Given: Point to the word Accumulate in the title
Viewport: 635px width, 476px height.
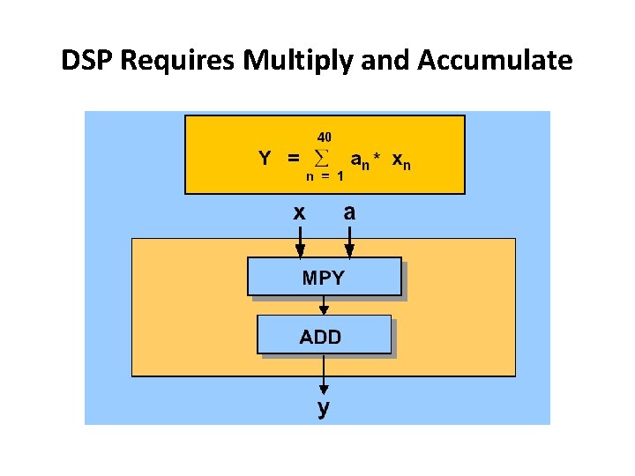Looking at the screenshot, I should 495,61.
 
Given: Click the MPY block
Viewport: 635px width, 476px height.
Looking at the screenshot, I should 324,277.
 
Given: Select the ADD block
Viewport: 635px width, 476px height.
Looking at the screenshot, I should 324,335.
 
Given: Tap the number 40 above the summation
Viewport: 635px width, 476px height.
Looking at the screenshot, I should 324,138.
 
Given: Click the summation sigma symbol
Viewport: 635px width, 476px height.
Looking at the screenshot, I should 321,159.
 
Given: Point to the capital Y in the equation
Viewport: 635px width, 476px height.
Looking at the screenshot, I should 265,159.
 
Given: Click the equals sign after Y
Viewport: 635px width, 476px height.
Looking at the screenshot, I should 293,159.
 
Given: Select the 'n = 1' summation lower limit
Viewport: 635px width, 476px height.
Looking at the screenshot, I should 325,176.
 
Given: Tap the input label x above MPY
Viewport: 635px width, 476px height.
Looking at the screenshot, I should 300,212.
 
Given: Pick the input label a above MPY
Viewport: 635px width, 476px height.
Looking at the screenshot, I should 349,212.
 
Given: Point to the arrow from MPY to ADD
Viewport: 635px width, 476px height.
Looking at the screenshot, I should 324,305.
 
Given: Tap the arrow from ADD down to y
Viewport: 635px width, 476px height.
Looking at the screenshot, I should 324,376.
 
